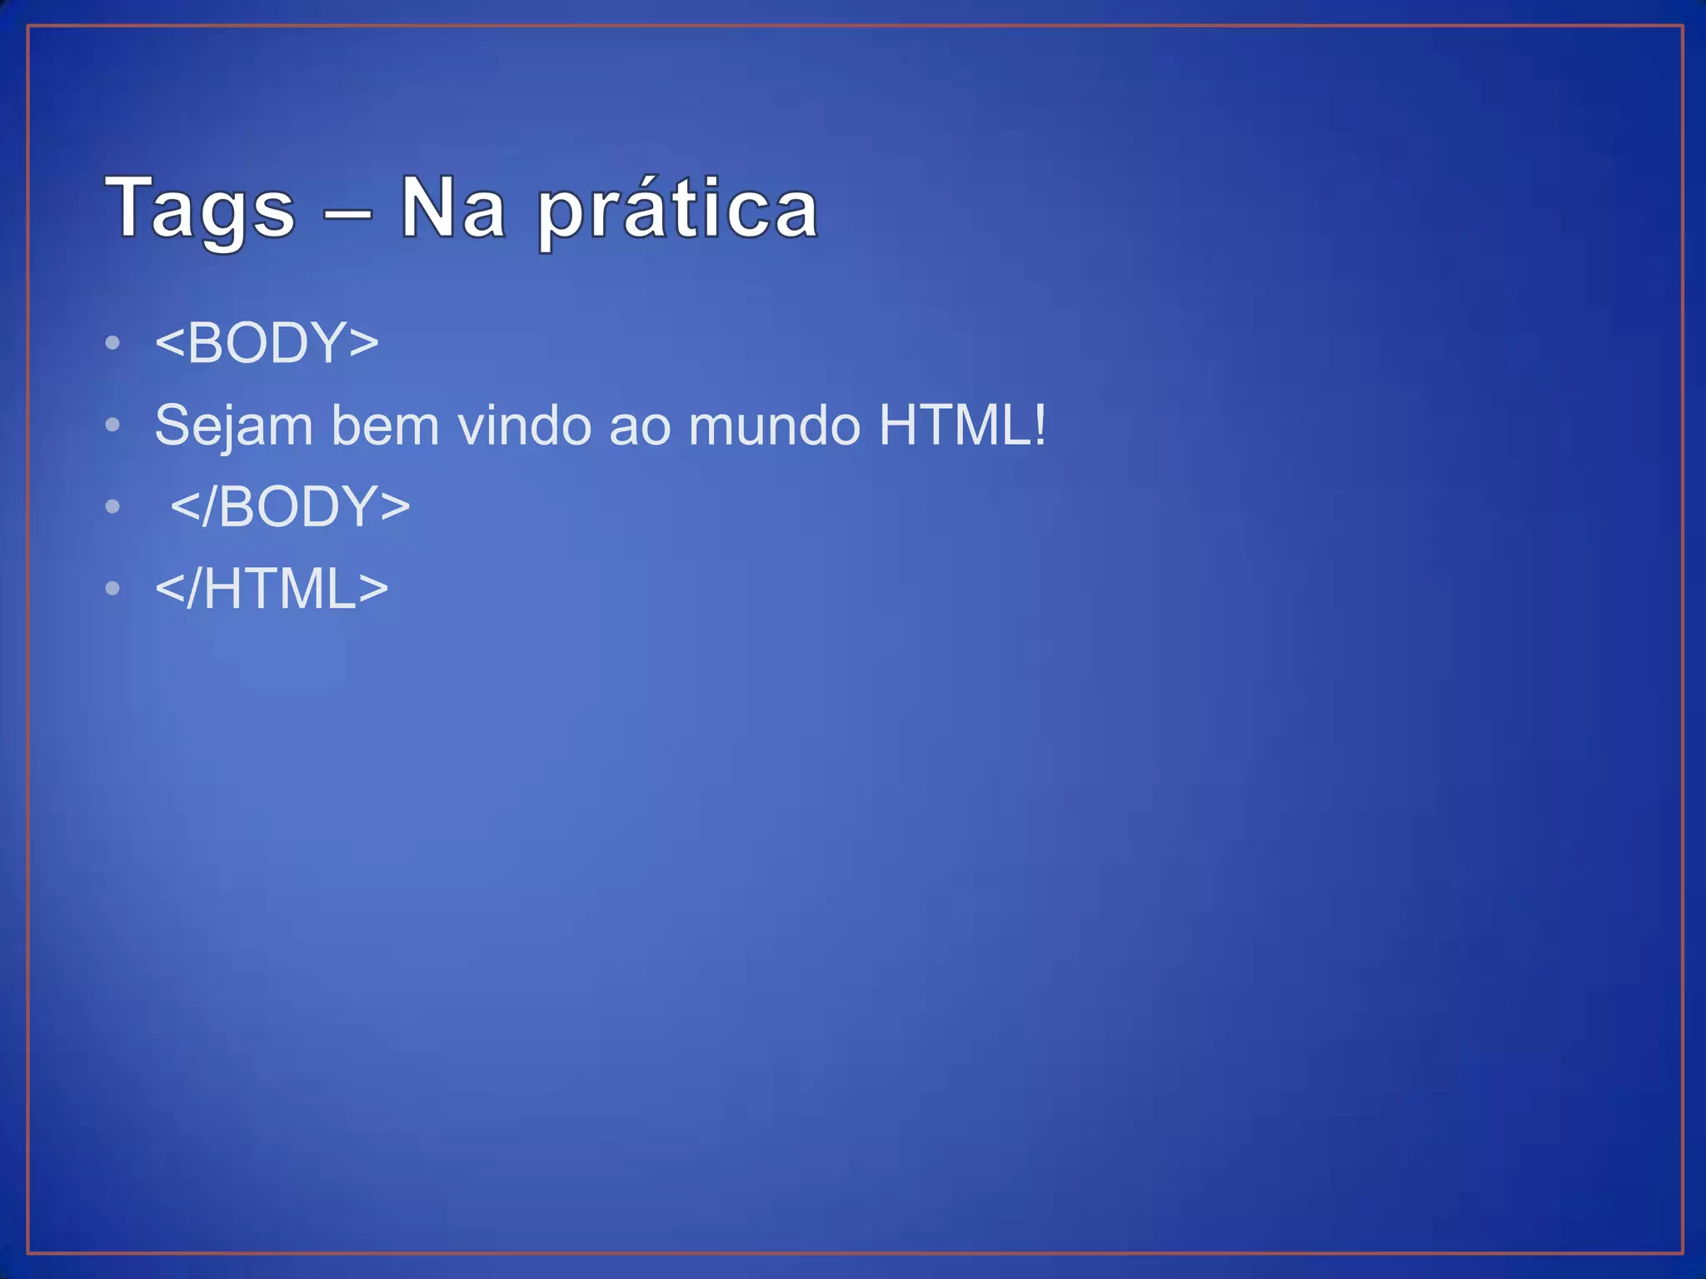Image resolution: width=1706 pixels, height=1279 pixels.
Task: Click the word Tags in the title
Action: [x=200, y=208]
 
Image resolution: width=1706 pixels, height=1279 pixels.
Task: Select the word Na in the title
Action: [x=453, y=208]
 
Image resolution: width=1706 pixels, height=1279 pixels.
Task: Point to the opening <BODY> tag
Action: [x=267, y=342]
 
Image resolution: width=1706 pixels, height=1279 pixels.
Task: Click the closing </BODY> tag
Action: [x=290, y=506]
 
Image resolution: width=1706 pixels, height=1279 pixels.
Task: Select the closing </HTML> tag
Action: [x=272, y=589]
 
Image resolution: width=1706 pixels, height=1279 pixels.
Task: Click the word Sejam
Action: [x=233, y=426]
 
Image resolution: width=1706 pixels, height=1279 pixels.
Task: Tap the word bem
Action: [x=384, y=426]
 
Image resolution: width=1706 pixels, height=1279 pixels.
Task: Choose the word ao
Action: [x=640, y=426]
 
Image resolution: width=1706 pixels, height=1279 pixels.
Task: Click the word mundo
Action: [x=775, y=426]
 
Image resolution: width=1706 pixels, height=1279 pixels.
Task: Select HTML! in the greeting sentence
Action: [x=962, y=426]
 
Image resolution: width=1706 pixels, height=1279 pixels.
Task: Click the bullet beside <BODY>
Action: [x=113, y=343]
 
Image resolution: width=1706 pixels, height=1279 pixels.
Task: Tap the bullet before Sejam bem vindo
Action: [x=113, y=426]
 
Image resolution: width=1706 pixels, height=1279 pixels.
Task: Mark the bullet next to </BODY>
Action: [x=113, y=507]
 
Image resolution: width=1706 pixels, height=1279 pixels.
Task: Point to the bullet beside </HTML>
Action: [x=113, y=589]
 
